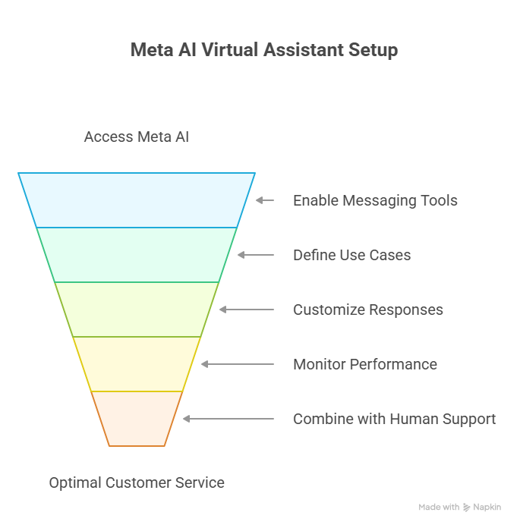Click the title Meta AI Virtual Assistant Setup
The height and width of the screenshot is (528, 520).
pyautogui.click(x=263, y=50)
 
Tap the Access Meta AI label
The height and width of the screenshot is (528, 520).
pyautogui.click(x=137, y=137)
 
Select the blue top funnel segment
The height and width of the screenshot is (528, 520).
pyautogui.click(x=137, y=200)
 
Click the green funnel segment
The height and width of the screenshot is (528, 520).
pyautogui.click(x=137, y=255)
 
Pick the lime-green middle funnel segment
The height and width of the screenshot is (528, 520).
pyautogui.click(x=137, y=310)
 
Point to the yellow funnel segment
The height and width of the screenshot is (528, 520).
pyautogui.click(x=137, y=364)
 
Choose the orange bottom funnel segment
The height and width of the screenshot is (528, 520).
pyautogui.click(x=137, y=419)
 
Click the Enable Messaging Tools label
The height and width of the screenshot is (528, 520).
pyautogui.click(x=375, y=201)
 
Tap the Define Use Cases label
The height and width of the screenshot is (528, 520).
pyautogui.click(x=351, y=256)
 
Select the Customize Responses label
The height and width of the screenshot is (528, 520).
pyautogui.click(x=368, y=310)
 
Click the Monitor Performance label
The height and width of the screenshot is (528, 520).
pyautogui.click(x=365, y=365)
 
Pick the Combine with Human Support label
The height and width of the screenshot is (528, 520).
pyautogui.click(x=394, y=420)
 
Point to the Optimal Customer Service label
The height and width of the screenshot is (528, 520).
pyautogui.click(x=137, y=482)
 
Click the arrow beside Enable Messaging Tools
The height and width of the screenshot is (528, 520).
pyautogui.click(x=264, y=200)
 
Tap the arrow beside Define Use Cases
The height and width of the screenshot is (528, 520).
pyautogui.click(x=256, y=255)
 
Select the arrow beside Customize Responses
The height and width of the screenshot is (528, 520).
pyautogui.click(x=247, y=310)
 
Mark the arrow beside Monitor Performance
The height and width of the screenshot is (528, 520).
pyautogui.click(x=238, y=364)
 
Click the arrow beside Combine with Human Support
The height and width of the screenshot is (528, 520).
pyautogui.click(x=228, y=419)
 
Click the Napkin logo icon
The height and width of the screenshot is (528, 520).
pyautogui.click(x=466, y=507)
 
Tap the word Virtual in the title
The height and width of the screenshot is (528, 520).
pyautogui.click(x=231, y=50)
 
